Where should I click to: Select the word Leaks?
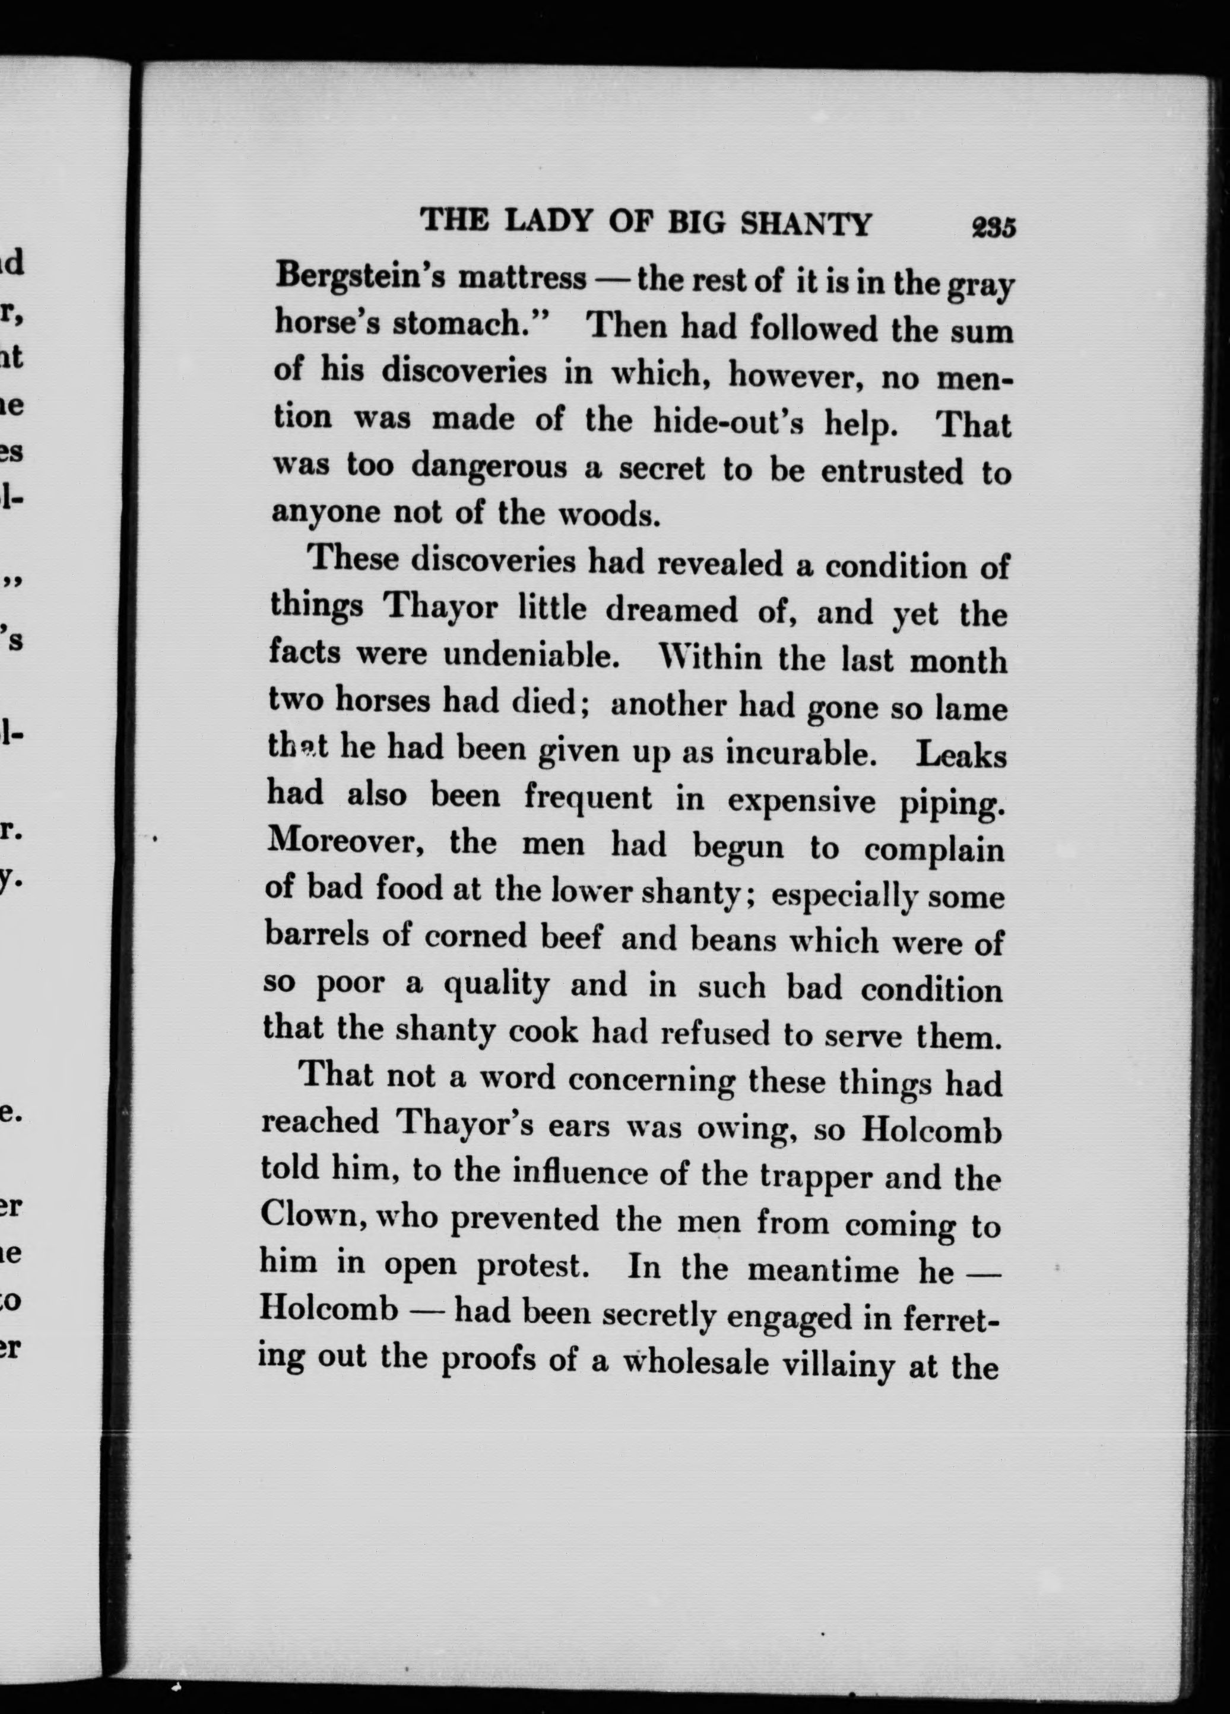coord(961,755)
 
